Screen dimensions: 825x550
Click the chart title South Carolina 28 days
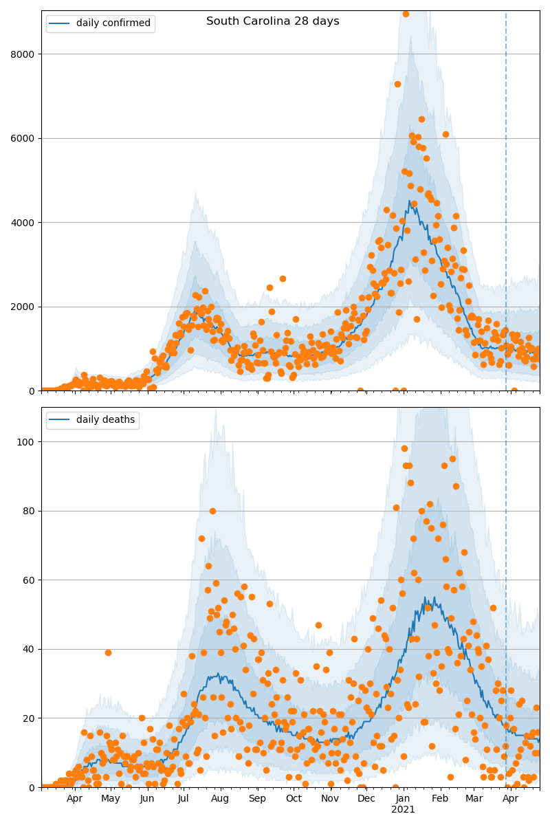tap(273, 21)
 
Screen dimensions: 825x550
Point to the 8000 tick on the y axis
tap(23, 54)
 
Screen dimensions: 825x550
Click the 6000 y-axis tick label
tap(23, 138)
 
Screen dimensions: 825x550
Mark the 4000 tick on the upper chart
tap(23, 223)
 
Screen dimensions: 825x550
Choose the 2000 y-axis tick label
tap(23, 307)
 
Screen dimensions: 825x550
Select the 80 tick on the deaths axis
tap(28, 511)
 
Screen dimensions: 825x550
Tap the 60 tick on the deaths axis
tap(28, 580)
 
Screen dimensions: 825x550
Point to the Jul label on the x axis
tap(184, 799)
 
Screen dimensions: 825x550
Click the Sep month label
tap(257, 799)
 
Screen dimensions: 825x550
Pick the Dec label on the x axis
tap(366, 799)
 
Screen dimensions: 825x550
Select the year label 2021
tap(404, 810)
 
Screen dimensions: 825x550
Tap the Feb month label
tap(440, 799)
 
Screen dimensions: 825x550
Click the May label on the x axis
tap(111, 799)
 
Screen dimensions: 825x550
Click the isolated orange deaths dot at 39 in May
tap(108, 652)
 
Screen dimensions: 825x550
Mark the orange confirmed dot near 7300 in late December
tap(397, 84)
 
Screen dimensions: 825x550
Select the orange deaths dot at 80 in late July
tap(212, 511)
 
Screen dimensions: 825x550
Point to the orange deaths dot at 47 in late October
tap(318, 625)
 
